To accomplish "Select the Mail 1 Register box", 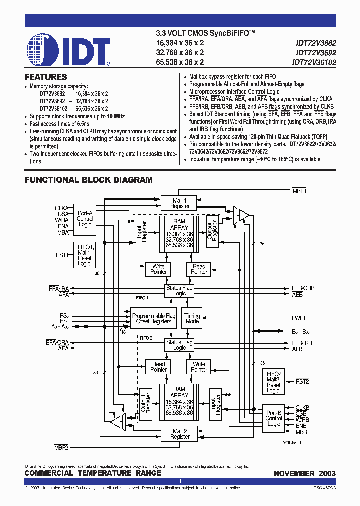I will (x=180, y=203).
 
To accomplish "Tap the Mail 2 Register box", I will (x=180, y=434).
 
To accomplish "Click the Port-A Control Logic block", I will (x=85, y=219).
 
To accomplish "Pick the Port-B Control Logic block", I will (x=273, y=418).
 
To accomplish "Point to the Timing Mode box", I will (x=192, y=319).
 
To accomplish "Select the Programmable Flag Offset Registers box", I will (x=154, y=319).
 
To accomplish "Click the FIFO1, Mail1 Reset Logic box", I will (x=84, y=255).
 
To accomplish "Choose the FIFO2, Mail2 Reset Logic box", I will (x=273, y=382).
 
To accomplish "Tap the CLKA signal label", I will (x=62, y=208).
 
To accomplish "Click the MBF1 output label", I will (x=299, y=191).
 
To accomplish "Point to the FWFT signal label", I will (x=299, y=318).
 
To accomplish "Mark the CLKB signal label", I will (x=302, y=408).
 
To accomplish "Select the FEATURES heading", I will (x=46, y=77).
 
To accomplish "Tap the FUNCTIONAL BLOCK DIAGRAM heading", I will (x=89, y=180).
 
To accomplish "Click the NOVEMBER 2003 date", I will (x=304, y=473).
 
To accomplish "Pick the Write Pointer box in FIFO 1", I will (x=159, y=269).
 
